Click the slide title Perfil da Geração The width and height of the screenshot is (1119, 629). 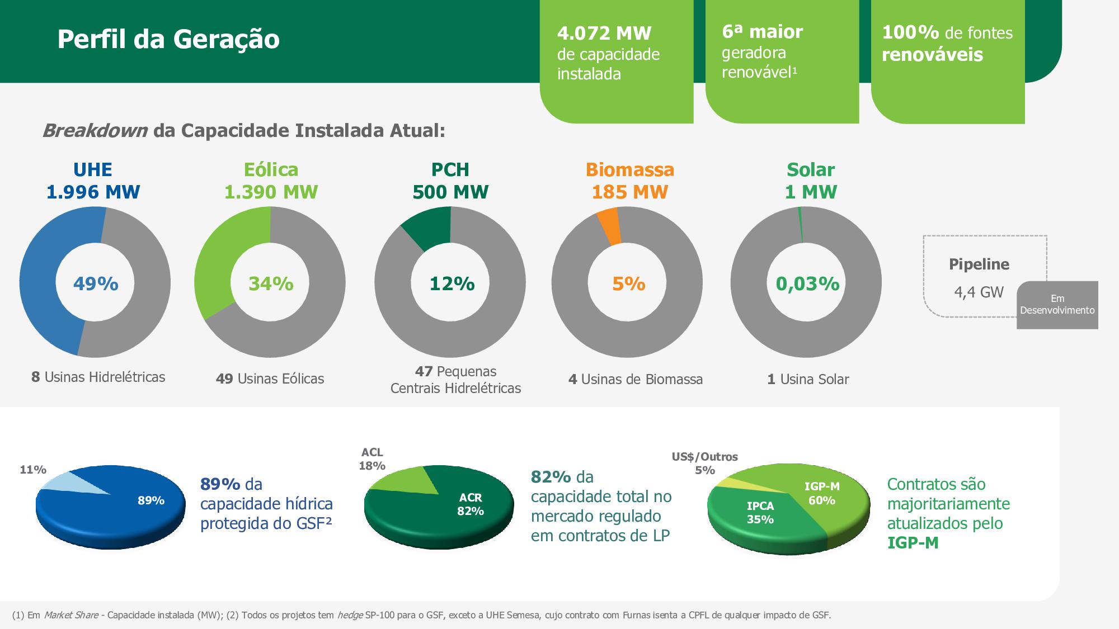[x=168, y=39]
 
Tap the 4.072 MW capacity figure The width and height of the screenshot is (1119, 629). [x=604, y=34]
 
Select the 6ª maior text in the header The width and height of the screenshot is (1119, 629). [x=762, y=32]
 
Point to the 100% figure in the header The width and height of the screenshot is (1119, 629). [x=910, y=32]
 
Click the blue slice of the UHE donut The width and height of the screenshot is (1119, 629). [x=45, y=280]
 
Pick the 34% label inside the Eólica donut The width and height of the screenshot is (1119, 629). [x=271, y=284]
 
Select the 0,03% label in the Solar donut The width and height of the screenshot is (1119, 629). [x=807, y=284]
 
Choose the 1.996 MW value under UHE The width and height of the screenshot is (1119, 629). [x=93, y=192]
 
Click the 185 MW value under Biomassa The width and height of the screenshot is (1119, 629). [x=629, y=192]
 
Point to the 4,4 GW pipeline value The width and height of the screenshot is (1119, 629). [x=979, y=292]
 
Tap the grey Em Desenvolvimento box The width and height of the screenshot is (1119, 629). [x=1057, y=305]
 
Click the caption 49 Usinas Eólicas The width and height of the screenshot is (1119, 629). [x=270, y=379]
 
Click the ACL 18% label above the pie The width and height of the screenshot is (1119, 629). [x=372, y=459]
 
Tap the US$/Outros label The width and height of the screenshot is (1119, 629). [x=704, y=457]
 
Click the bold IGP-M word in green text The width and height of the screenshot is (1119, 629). [x=913, y=543]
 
